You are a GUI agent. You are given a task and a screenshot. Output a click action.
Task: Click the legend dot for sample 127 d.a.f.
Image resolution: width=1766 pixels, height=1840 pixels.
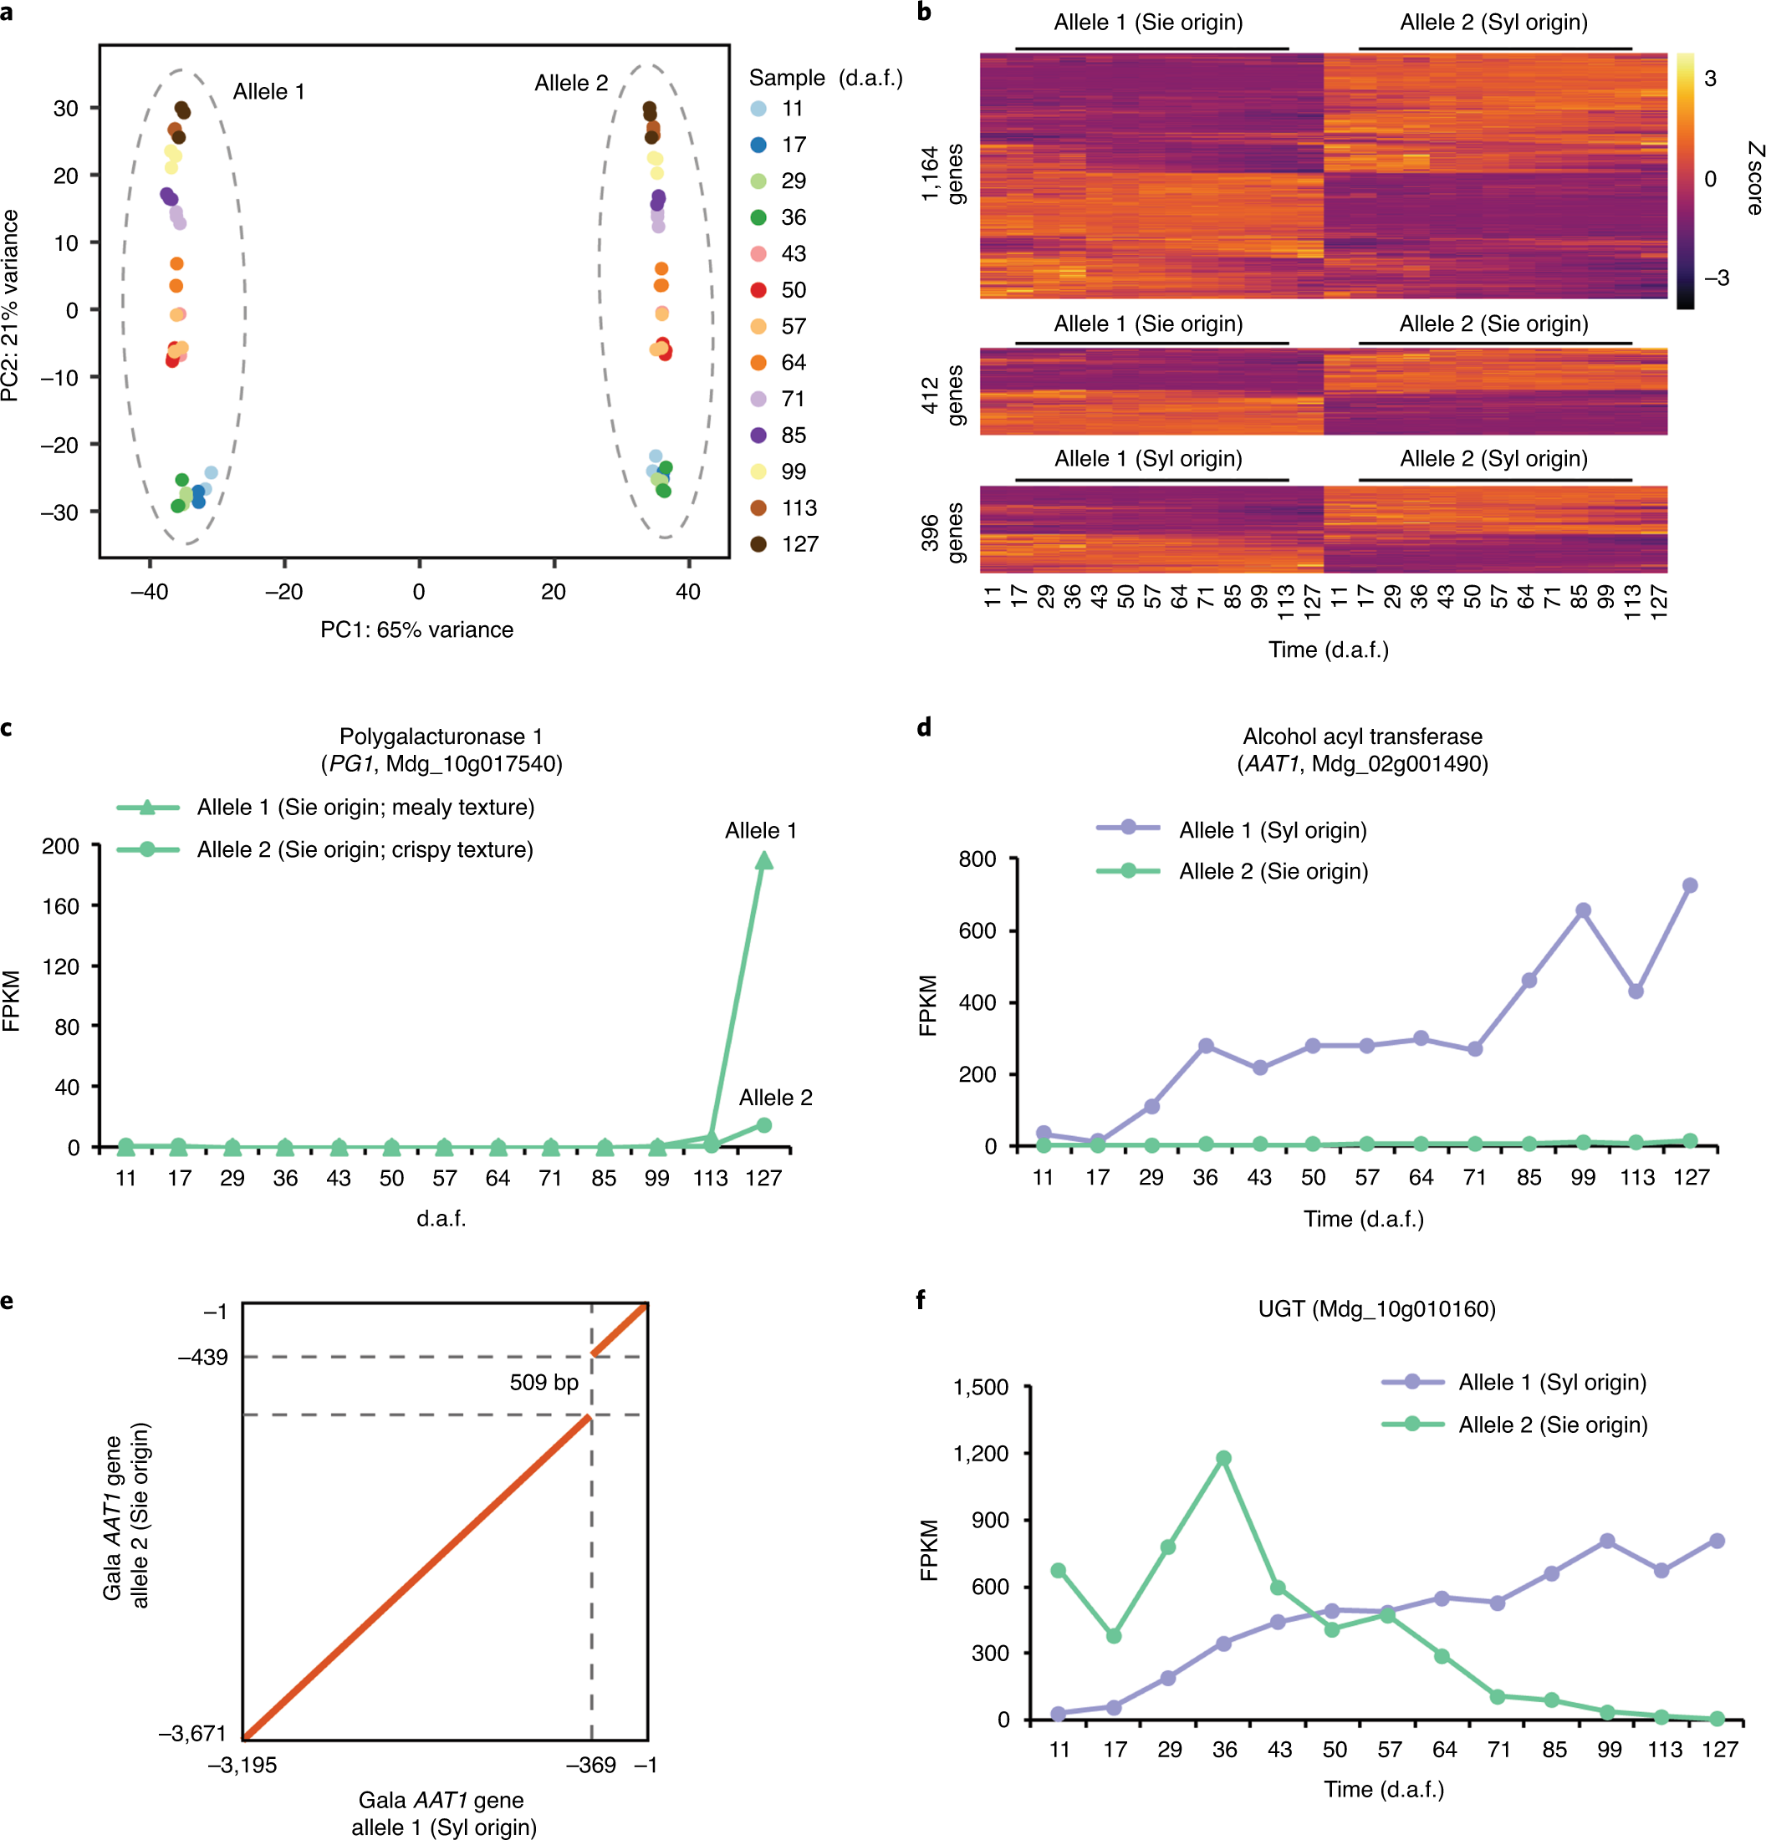click(758, 544)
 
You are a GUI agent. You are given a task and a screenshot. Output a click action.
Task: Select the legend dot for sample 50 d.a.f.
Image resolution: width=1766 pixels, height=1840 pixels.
click(758, 290)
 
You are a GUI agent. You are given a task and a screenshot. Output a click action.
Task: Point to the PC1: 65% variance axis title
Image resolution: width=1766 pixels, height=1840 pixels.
click(417, 630)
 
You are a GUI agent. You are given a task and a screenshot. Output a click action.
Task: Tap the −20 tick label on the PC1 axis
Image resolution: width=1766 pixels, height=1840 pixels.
click(283, 593)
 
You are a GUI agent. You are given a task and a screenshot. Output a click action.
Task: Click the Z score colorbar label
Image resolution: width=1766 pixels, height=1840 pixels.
click(1753, 178)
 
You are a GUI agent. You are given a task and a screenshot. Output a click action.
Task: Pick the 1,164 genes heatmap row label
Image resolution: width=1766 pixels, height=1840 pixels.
click(942, 174)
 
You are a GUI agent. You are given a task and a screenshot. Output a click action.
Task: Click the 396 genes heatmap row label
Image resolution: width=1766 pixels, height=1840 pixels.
click(942, 533)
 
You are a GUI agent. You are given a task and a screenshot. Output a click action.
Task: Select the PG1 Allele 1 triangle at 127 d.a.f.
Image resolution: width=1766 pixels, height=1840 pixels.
click(764, 861)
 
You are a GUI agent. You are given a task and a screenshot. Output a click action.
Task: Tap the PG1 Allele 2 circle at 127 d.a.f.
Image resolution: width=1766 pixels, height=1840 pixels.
click(764, 1124)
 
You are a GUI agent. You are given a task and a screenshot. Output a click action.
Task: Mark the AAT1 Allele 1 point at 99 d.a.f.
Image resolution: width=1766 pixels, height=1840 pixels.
click(1583, 910)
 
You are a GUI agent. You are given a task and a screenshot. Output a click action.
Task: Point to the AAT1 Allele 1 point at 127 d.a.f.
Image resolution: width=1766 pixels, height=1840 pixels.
click(1690, 885)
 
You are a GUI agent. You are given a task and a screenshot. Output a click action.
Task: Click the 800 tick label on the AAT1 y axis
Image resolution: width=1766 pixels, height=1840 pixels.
click(977, 859)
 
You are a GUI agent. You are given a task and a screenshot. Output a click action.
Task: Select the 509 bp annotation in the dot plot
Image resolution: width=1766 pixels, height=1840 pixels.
click(544, 1383)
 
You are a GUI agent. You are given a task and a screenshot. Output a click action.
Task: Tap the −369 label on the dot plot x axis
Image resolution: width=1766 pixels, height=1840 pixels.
click(590, 1766)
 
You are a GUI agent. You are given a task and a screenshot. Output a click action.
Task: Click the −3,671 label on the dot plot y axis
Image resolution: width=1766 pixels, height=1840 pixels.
click(192, 1734)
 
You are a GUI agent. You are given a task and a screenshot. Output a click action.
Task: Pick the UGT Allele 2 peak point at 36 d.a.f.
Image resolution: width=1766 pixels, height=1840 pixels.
click(1223, 1458)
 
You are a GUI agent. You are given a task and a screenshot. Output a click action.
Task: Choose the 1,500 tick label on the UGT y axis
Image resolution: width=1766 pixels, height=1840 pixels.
click(980, 1388)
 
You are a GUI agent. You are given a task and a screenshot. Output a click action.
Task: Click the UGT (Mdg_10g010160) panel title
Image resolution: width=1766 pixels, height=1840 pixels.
click(1376, 1308)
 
